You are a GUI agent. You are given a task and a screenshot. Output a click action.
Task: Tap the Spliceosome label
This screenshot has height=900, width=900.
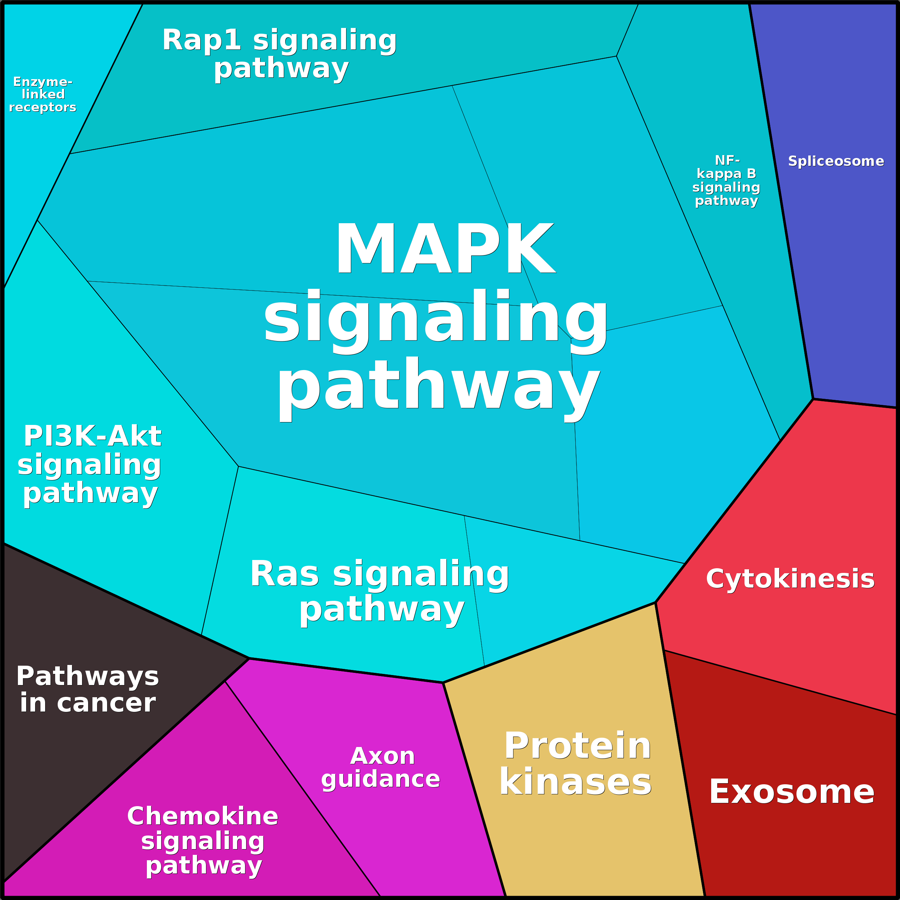[x=836, y=161]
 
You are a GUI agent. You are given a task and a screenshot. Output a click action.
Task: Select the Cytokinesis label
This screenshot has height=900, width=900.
[x=790, y=579]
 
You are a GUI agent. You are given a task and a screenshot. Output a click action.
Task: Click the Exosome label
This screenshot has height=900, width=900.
[x=792, y=791]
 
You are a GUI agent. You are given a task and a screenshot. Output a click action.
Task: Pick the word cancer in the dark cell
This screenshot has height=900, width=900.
[x=106, y=703]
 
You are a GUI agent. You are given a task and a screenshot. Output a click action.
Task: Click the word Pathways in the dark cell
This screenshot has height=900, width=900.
[x=87, y=676]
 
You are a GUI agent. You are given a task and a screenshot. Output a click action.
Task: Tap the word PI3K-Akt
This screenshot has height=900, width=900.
[x=92, y=436]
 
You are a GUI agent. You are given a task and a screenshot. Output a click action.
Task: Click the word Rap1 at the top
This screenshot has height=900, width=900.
[x=202, y=40]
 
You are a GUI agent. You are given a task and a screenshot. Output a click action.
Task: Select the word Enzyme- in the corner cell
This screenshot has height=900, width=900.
[x=43, y=82]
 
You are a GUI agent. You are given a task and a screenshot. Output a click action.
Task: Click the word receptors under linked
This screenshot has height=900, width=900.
[x=42, y=107]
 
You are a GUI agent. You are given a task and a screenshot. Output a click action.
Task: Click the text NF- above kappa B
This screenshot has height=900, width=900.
[x=727, y=160]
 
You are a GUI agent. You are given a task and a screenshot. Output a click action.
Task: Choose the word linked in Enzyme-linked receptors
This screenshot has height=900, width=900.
[x=43, y=94]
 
